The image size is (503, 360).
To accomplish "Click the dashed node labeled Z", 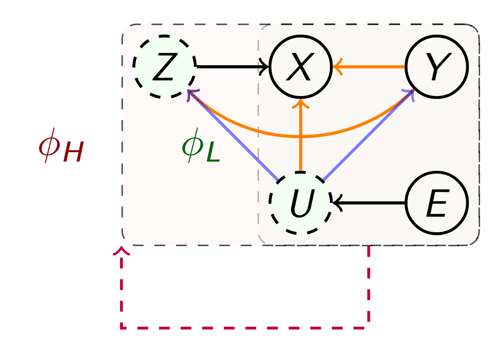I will tap(165, 66).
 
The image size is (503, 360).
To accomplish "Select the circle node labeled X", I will tap(301, 66).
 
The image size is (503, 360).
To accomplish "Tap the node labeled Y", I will tap(437, 66).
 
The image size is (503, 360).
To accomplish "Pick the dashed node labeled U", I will tap(301, 203).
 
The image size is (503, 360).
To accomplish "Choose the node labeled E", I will tap(437, 203).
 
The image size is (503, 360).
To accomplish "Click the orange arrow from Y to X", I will tap(373, 66).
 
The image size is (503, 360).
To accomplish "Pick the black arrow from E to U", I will tap(373, 203).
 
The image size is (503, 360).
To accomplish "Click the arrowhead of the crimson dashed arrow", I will tap(122, 250).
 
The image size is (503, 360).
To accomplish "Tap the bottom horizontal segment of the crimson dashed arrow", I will tap(245, 328).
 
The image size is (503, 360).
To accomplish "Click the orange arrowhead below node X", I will tap(301, 104).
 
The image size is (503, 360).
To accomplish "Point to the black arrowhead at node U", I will tap(337, 203).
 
